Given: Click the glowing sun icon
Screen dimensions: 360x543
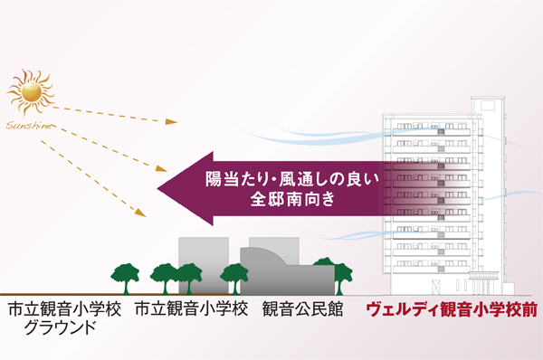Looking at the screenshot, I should [31, 91].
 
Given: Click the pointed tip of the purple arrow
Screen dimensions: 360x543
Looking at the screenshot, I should [159, 187].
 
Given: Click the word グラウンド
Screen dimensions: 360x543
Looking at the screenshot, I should [62, 328].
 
